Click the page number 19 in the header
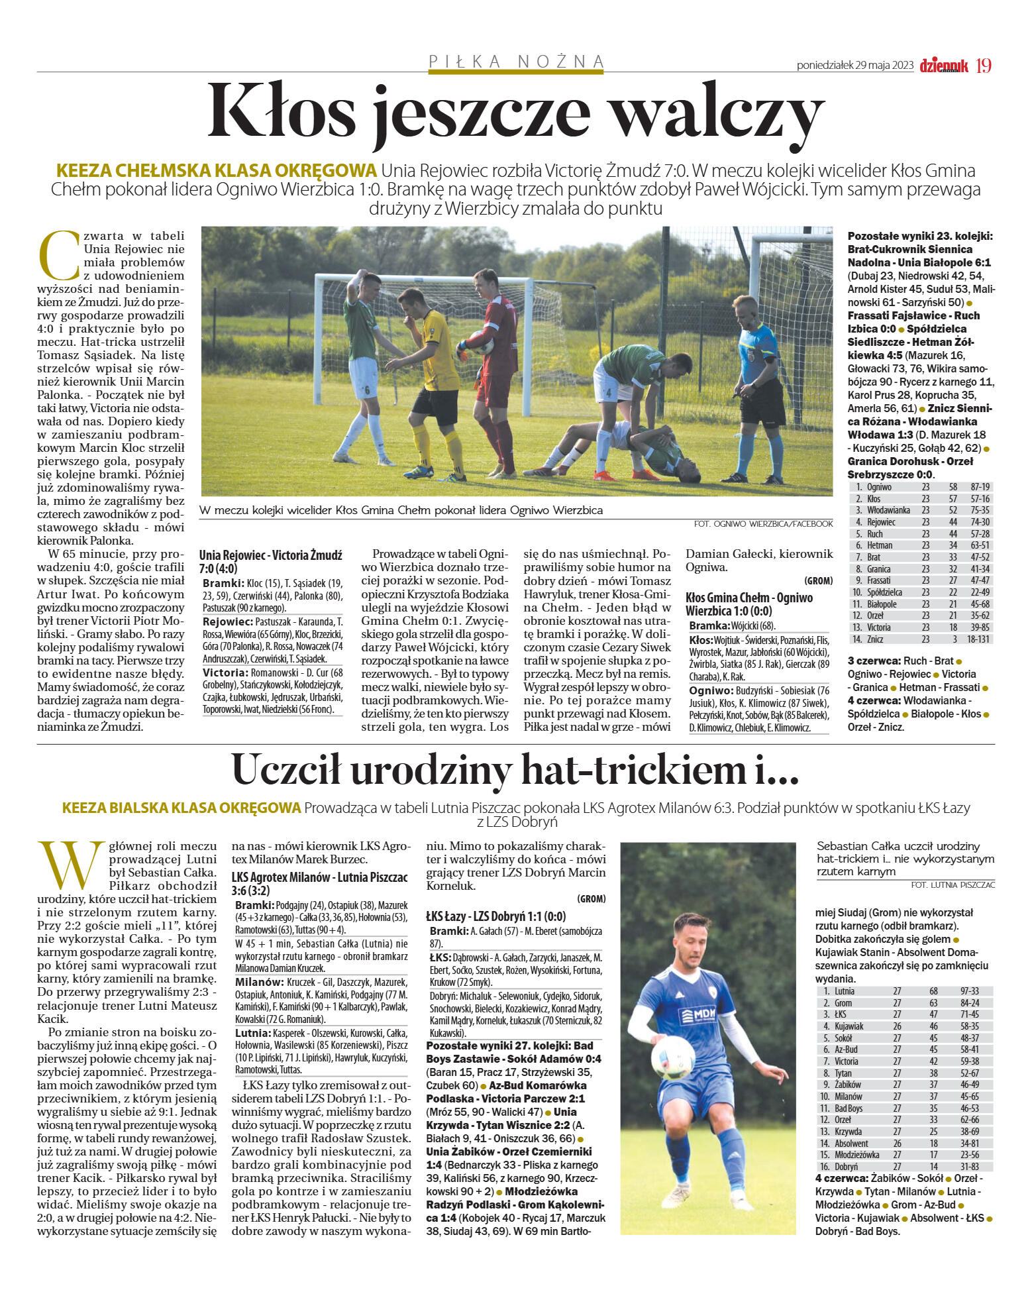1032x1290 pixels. coord(983,66)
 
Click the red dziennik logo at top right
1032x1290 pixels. coord(943,66)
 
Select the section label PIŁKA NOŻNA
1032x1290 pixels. coord(516,62)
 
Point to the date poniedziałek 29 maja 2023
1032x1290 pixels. coord(855,66)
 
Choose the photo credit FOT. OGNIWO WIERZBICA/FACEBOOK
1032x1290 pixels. coord(763,523)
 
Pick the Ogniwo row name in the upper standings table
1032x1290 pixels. coord(879,487)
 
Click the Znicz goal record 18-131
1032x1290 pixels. coord(978,639)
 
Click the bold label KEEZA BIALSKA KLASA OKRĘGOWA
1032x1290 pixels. coord(181,808)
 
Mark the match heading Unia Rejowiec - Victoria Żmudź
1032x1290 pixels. coord(270,555)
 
